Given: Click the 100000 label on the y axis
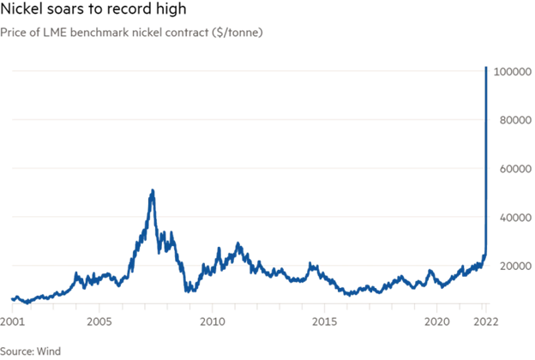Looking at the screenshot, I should pos(508,73).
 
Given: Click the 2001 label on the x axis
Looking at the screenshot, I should pos(12,321).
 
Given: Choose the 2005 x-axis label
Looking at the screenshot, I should pos(100,321).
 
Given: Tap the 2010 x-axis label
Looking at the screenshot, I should pos(212,321).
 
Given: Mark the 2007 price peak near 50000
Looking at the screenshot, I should pos(153,190).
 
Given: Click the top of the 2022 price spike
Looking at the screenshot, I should pos(486,67).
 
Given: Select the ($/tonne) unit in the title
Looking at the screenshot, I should pos(240,32).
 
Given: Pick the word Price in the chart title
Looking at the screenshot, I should pos(14,32).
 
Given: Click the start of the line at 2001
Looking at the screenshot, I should pos(12,298).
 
